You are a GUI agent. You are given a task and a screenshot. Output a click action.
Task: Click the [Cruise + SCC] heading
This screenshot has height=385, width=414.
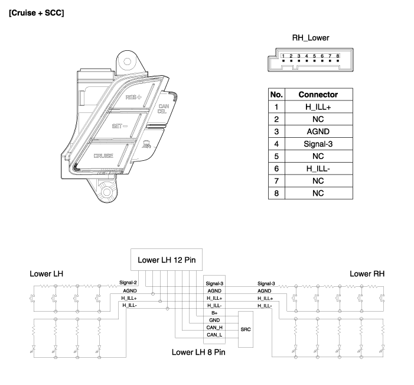pos(37,13)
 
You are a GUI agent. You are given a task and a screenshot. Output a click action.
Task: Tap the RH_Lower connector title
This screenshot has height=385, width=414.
pos(311,38)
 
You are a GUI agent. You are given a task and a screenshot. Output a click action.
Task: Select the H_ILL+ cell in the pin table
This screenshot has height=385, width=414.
pos(318,107)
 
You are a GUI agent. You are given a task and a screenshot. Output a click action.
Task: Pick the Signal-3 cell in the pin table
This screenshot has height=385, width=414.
pos(318,144)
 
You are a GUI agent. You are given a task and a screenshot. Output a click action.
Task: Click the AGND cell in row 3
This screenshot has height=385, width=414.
pos(318,131)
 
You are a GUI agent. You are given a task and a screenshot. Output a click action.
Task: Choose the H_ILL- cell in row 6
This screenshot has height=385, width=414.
pos(318,169)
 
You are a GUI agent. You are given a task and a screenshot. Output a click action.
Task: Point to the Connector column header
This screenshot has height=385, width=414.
pos(318,95)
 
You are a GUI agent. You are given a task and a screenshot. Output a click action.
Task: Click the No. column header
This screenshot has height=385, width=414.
pos(276,95)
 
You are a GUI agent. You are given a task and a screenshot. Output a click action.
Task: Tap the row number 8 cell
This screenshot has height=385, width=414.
pos(276,193)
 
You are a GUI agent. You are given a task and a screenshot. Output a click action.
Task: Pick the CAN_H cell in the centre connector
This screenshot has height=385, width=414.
pos(214,327)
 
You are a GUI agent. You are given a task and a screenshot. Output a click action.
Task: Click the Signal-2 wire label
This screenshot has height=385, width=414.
pos(128,283)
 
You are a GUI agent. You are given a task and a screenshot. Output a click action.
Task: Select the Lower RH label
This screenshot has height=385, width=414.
pos(367,274)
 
